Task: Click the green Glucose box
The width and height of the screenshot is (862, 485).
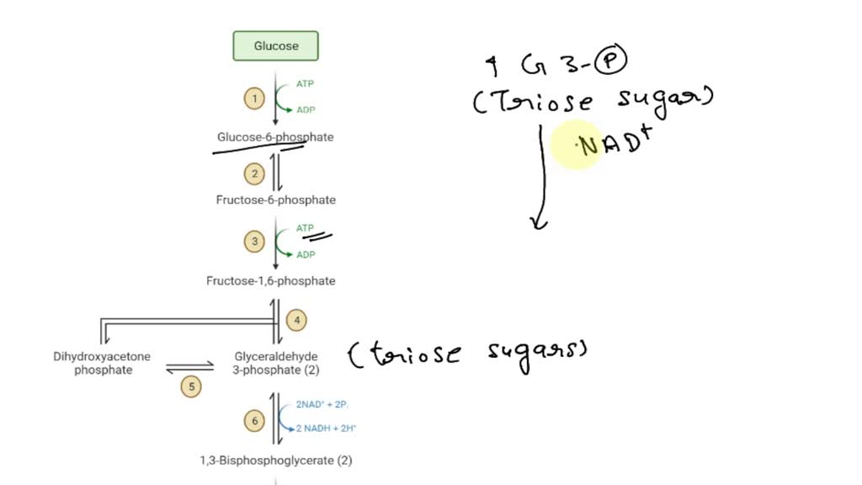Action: tap(275, 46)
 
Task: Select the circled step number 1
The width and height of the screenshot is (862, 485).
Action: tap(254, 99)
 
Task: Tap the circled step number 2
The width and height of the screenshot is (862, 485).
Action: tap(254, 174)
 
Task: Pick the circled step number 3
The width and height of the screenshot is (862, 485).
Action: tap(254, 242)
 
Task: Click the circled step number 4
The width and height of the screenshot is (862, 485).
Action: tap(296, 320)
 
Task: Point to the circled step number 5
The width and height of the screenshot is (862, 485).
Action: tap(191, 386)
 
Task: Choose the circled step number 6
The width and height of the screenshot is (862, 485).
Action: tap(254, 419)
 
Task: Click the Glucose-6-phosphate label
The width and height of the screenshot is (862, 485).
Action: tap(275, 137)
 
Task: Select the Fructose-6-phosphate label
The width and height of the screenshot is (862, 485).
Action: tap(275, 200)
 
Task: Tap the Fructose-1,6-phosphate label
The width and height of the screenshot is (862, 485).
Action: tap(270, 281)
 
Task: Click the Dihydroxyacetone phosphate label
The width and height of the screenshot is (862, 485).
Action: tap(103, 363)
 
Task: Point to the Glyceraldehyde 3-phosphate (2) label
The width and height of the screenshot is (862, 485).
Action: tap(276, 363)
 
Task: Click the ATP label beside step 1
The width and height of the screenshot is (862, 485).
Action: tap(305, 84)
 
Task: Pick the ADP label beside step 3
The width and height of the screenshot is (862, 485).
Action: tap(306, 255)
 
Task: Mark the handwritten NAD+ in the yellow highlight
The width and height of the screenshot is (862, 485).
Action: tap(615, 144)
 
